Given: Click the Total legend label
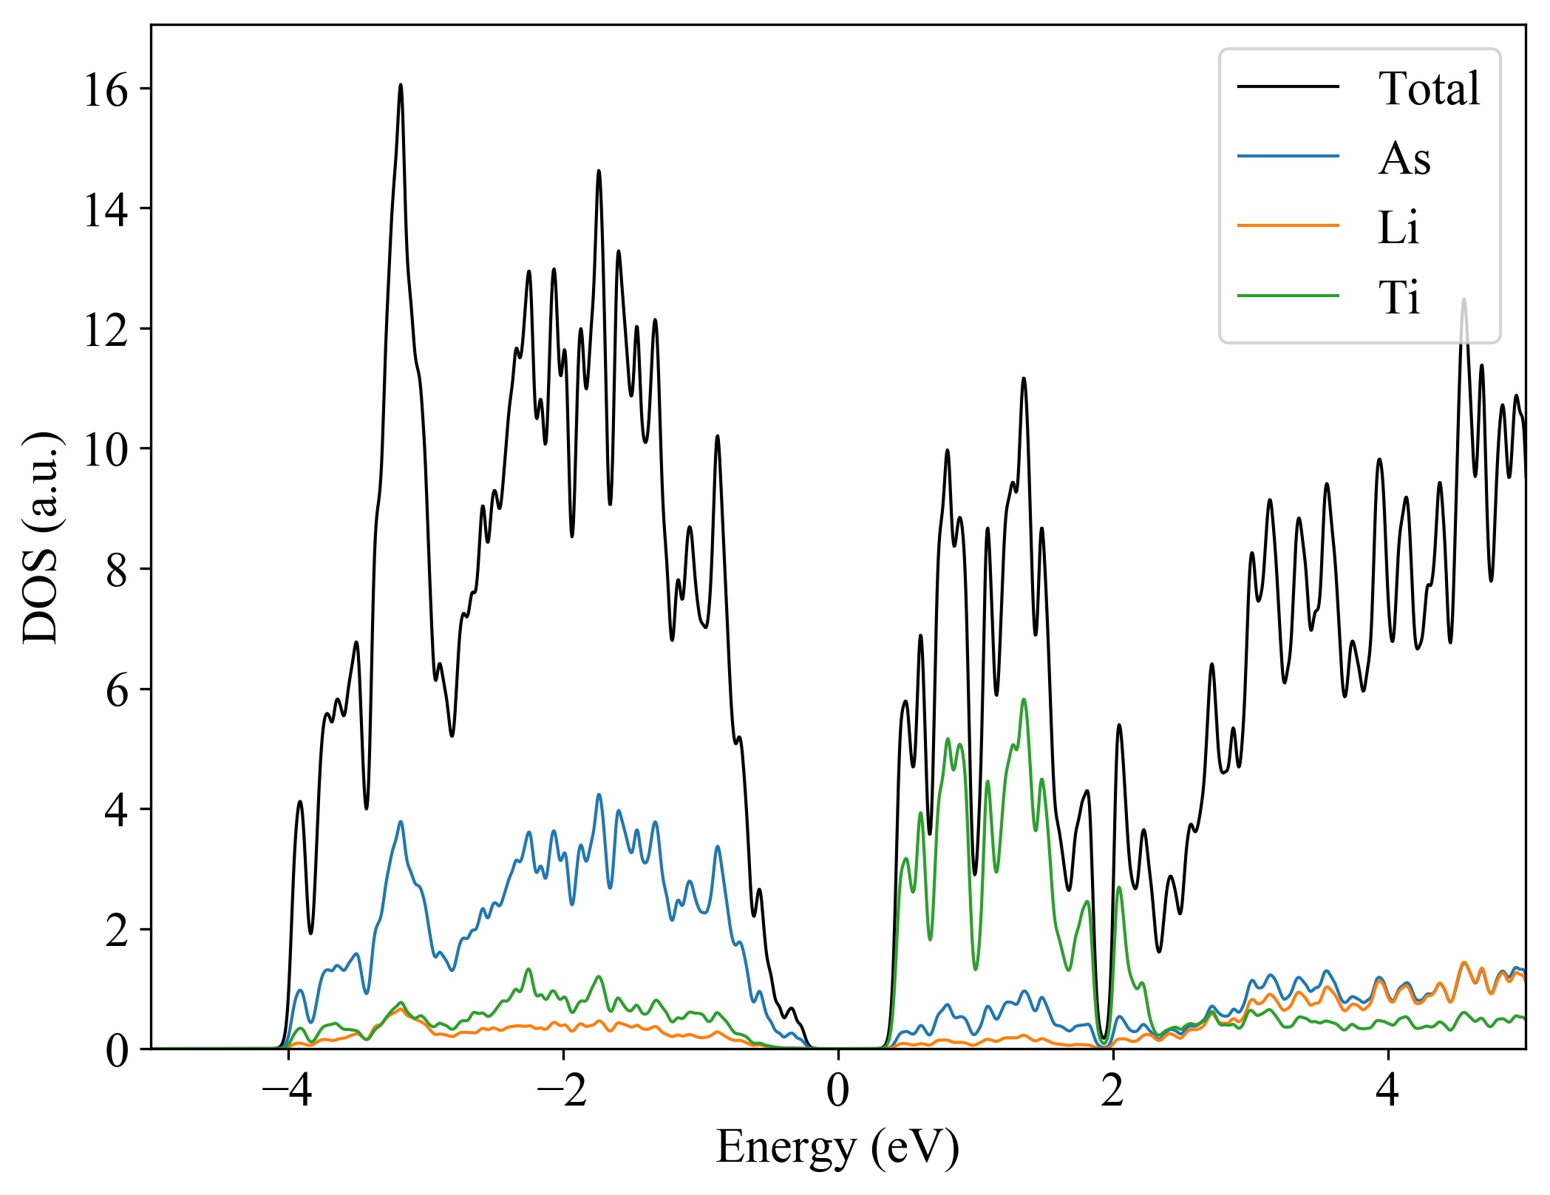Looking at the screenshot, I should coord(1429,89).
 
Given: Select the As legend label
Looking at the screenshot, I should coord(1404,158).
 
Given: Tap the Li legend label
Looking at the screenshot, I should coord(1398,228).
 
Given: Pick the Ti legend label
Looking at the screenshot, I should coord(1398,297).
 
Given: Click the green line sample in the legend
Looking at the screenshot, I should coord(1288,296).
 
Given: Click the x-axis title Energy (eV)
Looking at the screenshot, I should coord(837,1148).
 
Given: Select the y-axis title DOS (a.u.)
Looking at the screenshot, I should coord(41,537).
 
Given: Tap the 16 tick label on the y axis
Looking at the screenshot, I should coord(106,90).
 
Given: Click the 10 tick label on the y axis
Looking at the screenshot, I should coord(106,449).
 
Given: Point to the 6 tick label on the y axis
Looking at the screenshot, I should coord(117,690).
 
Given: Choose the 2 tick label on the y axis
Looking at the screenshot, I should coord(117,930).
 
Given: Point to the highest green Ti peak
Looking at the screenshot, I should coord(1024,699).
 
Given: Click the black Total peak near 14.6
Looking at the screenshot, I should coord(599,171).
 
